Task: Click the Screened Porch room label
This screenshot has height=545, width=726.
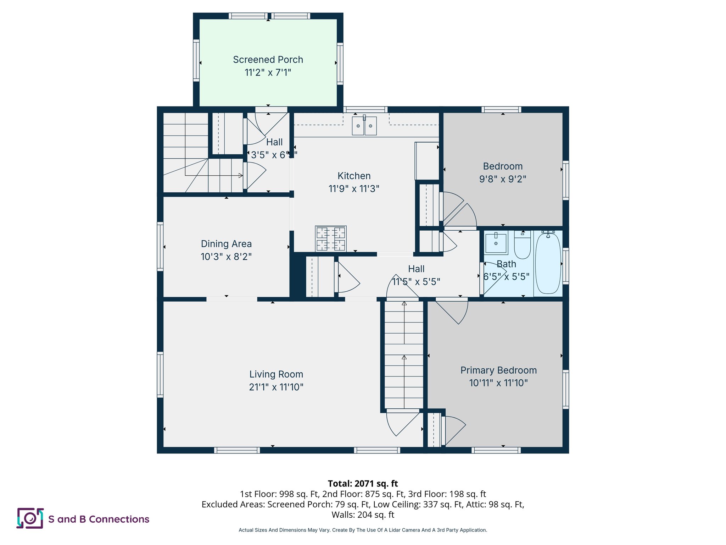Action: click(268, 60)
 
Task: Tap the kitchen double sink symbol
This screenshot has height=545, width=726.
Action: click(364, 126)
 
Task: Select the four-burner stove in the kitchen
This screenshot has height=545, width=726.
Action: click(331, 238)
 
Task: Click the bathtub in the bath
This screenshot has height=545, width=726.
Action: click(548, 263)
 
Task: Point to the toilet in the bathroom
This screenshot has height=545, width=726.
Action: click(522, 246)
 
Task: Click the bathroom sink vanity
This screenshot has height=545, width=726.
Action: click(496, 243)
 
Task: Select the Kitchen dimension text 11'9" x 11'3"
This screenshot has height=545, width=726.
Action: click(354, 189)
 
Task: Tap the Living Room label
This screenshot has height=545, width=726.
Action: click(276, 374)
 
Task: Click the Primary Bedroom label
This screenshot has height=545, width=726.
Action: click(498, 370)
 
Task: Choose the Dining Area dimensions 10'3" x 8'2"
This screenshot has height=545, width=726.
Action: click(226, 257)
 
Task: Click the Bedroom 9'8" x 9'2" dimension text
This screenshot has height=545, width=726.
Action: click(503, 179)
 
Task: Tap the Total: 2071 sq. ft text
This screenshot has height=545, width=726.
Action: click(363, 484)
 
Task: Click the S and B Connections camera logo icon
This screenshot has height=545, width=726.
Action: click(30, 518)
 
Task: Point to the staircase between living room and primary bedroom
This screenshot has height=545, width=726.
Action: click(404, 355)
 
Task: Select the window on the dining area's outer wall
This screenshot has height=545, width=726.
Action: click(160, 246)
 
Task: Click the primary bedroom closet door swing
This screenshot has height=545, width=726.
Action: click(454, 430)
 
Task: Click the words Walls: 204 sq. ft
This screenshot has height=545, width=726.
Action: click(363, 514)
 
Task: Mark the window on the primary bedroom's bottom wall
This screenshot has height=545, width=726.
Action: click(496, 450)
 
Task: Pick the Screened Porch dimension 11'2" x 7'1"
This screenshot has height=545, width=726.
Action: click(268, 73)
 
